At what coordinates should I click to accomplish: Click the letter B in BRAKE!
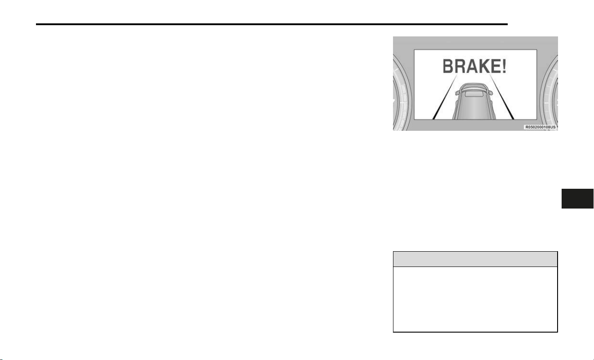tap(447, 66)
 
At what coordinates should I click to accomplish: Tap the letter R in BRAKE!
tap(459, 66)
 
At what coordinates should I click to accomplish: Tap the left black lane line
tap(445, 97)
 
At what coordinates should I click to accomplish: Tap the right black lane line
tap(502, 97)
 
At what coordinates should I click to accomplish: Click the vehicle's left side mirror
tap(458, 93)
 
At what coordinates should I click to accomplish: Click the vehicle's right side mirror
tap(490, 93)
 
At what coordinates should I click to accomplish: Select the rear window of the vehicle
tap(474, 94)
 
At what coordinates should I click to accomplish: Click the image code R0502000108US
tap(540, 127)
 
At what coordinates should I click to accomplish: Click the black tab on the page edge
tap(577, 199)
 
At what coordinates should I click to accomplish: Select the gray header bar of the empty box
tap(475, 259)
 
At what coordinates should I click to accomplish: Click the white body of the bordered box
tap(475, 299)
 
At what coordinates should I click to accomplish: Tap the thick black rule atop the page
tap(272, 24)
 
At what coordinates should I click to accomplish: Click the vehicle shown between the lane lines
tap(474, 102)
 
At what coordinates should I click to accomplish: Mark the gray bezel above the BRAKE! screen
tap(475, 43)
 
